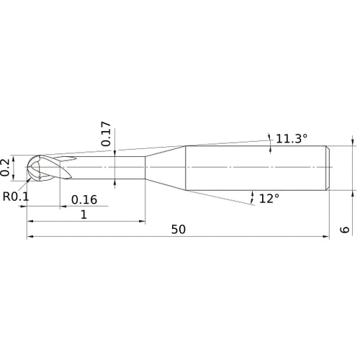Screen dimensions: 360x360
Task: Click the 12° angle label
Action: coord(268,198)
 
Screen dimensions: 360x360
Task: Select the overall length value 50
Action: coord(179,229)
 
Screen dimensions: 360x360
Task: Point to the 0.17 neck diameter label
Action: coord(107,134)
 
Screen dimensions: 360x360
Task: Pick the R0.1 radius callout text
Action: coord(16,195)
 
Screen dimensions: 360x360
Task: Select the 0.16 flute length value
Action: coord(84,199)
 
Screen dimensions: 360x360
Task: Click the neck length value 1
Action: coord(84,214)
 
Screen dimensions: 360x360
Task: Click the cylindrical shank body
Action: coord(256,167)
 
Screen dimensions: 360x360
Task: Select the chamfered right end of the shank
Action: coord(329,167)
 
